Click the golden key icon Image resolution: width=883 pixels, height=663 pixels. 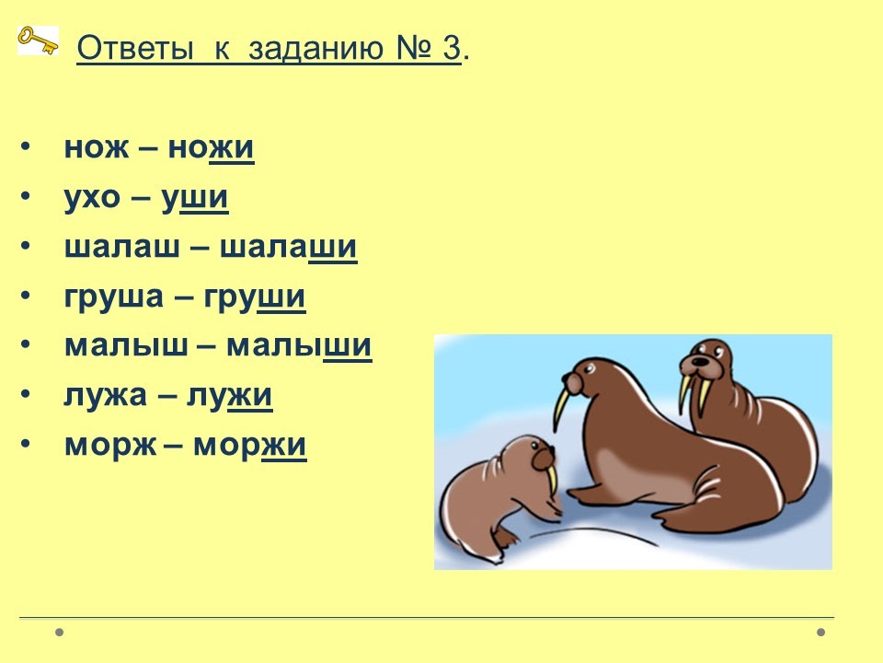[x=38, y=40]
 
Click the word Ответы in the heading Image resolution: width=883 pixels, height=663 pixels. [x=134, y=48]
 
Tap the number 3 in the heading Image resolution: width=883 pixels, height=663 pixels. [x=452, y=47]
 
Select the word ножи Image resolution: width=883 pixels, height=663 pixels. [x=212, y=148]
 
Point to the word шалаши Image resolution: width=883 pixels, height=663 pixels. [x=288, y=248]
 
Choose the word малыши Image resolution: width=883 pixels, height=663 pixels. [x=299, y=346]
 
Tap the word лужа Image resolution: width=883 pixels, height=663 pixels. [x=105, y=396]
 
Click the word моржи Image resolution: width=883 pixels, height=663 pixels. [x=250, y=446]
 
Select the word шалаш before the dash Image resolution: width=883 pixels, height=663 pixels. [x=122, y=248]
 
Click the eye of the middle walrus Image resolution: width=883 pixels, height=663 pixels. [x=589, y=369]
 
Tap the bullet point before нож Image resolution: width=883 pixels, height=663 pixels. [x=24, y=146]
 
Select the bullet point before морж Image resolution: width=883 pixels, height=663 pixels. [x=24, y=444]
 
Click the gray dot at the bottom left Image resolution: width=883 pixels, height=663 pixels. [x=59, y=632]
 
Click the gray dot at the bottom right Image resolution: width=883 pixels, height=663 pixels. [x=821, y=632]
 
